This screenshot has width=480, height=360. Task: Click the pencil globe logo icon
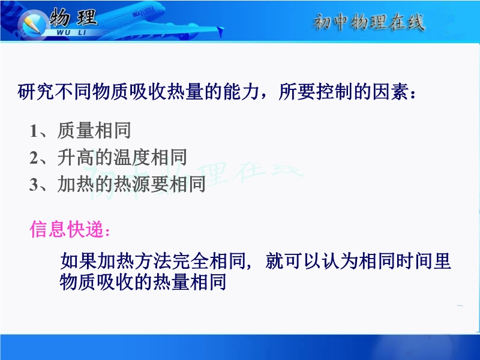[x=31, y=24]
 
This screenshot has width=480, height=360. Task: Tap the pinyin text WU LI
[x=71, y=32]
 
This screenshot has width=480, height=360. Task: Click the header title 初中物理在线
[x=368, y=22]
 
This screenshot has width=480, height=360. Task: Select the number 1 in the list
[x=34, y=131]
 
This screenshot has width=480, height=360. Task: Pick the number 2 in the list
[x=34, y=158]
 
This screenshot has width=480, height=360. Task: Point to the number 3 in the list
[x=34, y=185]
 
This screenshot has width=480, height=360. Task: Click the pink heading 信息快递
[x=67, y=229]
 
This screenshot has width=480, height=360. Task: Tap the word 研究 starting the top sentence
[x=36, y=92]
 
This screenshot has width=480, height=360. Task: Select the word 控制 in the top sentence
[x=334, y=92]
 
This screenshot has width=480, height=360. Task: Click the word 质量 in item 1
[x=76, y=131]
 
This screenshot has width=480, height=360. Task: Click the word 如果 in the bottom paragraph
[x=79, y=261]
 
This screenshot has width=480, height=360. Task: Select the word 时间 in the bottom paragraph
[x=413, y=261]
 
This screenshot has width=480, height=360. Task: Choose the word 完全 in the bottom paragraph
[x=190, y=261]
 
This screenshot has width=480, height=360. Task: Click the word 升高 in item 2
[x=76, y=158]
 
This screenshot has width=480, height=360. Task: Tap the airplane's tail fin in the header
[x=220, y=31]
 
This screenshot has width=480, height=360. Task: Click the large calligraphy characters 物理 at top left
[x=73, y=17]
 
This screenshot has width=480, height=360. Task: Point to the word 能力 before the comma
[x=241, y=92]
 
